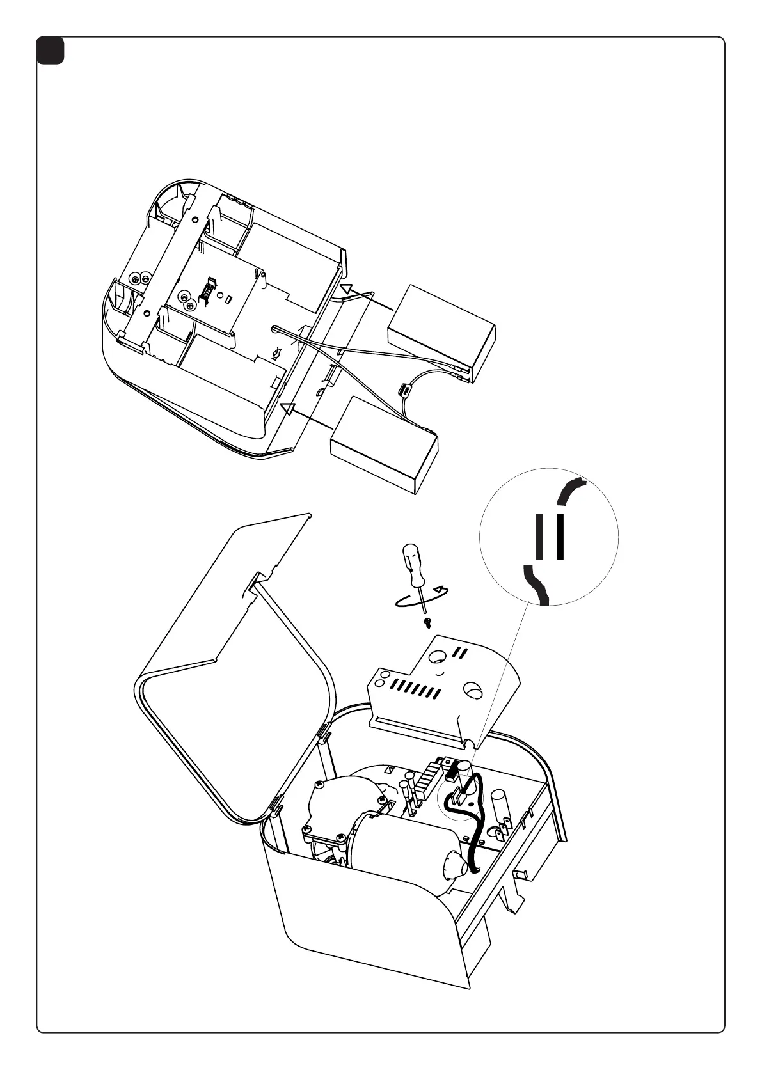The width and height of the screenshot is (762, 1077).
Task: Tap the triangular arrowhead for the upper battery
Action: [x=346, y=289]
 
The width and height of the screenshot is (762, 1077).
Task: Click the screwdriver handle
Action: [x=412, y=564]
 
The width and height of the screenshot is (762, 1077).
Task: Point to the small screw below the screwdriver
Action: [x=427, y=621]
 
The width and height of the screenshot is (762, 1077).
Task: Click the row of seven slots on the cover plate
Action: [x=415, y=689]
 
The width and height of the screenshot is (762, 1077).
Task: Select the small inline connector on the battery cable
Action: [x=404, y=389]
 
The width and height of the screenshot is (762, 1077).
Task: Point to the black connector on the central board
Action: [x=208, y=291]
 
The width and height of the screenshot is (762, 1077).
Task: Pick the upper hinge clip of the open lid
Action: [x=324, y=733]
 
